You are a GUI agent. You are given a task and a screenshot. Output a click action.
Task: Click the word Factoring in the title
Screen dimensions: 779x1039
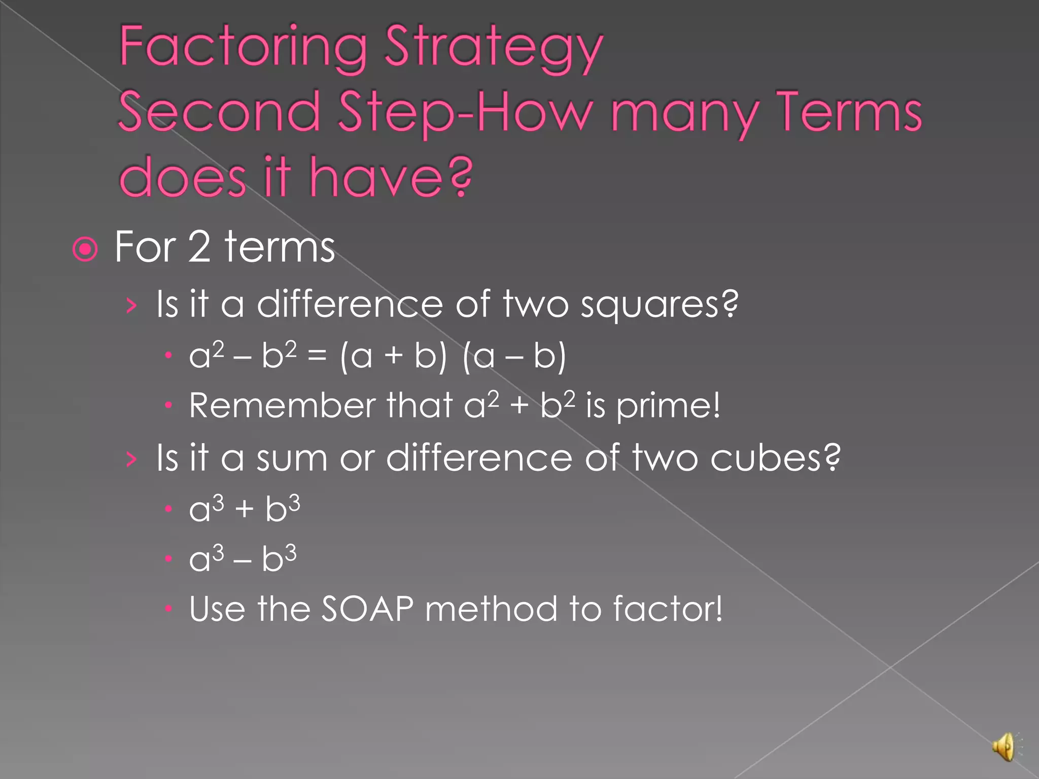click(x=243, y=48)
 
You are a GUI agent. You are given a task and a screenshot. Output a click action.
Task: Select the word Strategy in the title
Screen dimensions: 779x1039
click(x=494, y=50)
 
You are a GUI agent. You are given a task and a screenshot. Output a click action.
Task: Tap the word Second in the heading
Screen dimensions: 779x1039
click(x=219, y=112)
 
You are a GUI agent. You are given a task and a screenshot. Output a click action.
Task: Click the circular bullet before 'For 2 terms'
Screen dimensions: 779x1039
click(x=85, y=249)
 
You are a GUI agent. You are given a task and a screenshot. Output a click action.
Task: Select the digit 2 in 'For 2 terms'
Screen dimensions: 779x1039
click(x=199, y=247)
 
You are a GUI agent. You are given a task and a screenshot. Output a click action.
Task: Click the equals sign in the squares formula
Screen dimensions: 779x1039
click(x=317, y=356)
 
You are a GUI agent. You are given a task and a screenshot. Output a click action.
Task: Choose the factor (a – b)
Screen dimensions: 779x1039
click(x=514, y=356)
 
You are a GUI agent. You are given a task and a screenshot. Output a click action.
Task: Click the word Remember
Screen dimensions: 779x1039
click(x=282, y=406)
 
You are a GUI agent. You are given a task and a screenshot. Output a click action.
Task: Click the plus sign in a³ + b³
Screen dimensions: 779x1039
click(x=244, y=509)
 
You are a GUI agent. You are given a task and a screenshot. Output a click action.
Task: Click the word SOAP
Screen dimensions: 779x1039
click(x=368, y=609)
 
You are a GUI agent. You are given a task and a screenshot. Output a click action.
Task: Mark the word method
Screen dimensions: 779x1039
click(x=491, y=609)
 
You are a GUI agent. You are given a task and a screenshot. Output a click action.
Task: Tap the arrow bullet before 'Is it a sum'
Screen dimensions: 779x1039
click(x=131, y=459)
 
